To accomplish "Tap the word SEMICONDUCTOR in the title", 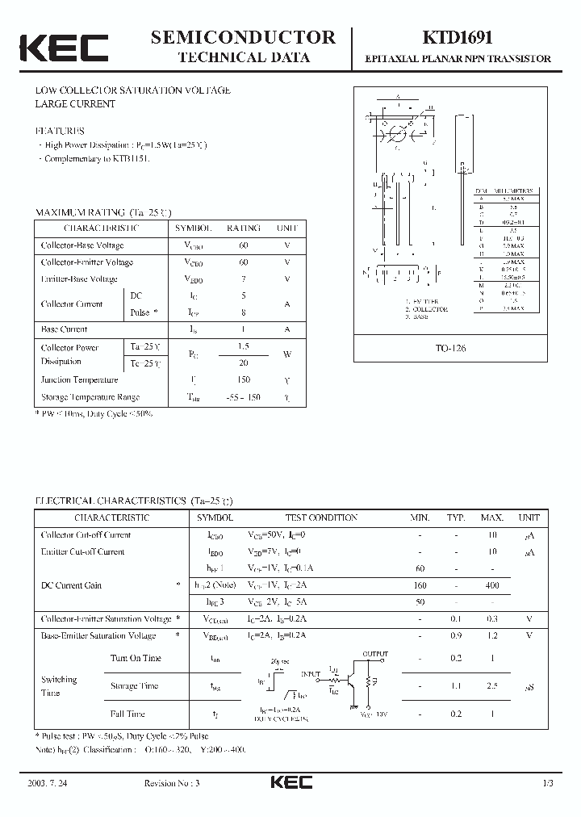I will [243, 37].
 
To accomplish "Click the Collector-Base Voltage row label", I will [82, 245].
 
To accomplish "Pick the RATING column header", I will [243, 228].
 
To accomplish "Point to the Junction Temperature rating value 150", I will [243, 379].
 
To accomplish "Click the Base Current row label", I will [65, 329].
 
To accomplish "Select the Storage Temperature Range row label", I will [90, 397].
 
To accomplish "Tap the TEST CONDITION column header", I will [321, 517].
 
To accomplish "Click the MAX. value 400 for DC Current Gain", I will [491, 585].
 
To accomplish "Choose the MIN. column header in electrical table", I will [420, 517].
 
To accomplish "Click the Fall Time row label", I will [127, 714].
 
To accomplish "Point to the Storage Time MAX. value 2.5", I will [491, 685].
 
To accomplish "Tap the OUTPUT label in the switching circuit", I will [375, 654].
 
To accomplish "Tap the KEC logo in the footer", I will [290, 783].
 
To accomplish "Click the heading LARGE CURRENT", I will [75, 104].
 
